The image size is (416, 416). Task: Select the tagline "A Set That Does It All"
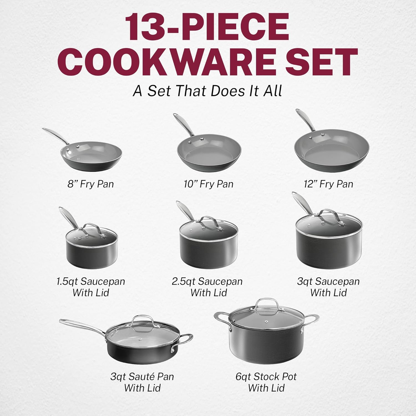tap(207, 91)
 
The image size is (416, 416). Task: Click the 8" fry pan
tap(91, 155)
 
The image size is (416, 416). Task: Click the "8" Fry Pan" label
tap(91, 184)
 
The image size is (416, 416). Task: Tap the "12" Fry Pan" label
tap(328, 184)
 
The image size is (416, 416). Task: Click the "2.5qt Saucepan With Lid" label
tap(207, 287)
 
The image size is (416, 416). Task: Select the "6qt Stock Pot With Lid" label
tap(266, 382)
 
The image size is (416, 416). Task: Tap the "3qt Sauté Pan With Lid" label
tap(142, 382)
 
